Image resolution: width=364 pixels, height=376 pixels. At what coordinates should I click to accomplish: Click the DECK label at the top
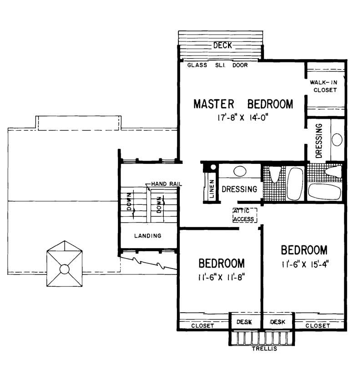(x=222, y=45)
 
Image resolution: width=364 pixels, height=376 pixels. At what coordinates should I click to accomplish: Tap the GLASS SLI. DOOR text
(x=217, y=65)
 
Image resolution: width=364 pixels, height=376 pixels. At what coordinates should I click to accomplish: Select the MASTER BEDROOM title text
(x=243, y=104)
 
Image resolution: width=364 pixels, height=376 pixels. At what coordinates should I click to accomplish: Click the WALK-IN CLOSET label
(x=324, y=86)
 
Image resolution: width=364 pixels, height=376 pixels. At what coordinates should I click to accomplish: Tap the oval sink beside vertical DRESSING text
(x=337, y=139)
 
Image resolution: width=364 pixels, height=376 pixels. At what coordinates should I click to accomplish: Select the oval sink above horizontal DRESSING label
(x=240, y=172)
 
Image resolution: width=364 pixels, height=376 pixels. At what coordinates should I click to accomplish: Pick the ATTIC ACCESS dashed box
(x=244, y=215)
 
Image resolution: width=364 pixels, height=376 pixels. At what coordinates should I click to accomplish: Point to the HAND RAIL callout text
(x=167, y=184)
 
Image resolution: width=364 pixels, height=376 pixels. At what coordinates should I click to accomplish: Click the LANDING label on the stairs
(x=148, y=236)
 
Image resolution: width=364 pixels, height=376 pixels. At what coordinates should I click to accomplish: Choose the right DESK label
(x=277, y=322)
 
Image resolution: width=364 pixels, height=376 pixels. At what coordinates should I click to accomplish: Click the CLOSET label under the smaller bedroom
(x=199, y=326)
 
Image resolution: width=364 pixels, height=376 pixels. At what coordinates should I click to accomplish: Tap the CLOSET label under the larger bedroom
(x=318, y=326)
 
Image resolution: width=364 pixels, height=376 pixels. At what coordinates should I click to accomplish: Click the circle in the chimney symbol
(x=65, y=269)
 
